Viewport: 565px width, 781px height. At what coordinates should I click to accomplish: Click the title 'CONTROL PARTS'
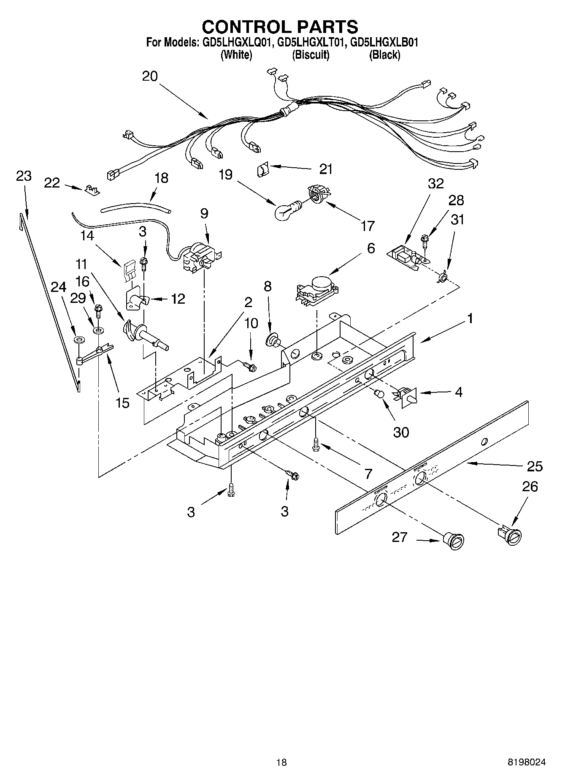click(x=280, y=27)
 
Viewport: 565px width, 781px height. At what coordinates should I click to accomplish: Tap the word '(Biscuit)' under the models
click(x=311, y=55)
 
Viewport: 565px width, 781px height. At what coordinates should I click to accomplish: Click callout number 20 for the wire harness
click(x=150, y=76)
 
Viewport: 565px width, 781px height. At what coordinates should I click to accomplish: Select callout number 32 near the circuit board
click(x=435, y=183)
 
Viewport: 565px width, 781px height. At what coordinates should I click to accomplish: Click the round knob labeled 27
click(x=454, y=541)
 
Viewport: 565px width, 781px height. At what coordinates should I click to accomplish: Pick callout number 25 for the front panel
click(x=534, y=466)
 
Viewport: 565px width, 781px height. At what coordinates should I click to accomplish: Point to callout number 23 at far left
click(x=24, y=176)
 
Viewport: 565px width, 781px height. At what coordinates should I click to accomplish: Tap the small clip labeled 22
click(x=92, y=190)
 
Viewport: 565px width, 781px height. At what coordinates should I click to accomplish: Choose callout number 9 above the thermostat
click(x=204, y=213)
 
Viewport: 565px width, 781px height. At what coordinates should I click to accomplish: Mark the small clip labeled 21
click(x=262, y=170)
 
